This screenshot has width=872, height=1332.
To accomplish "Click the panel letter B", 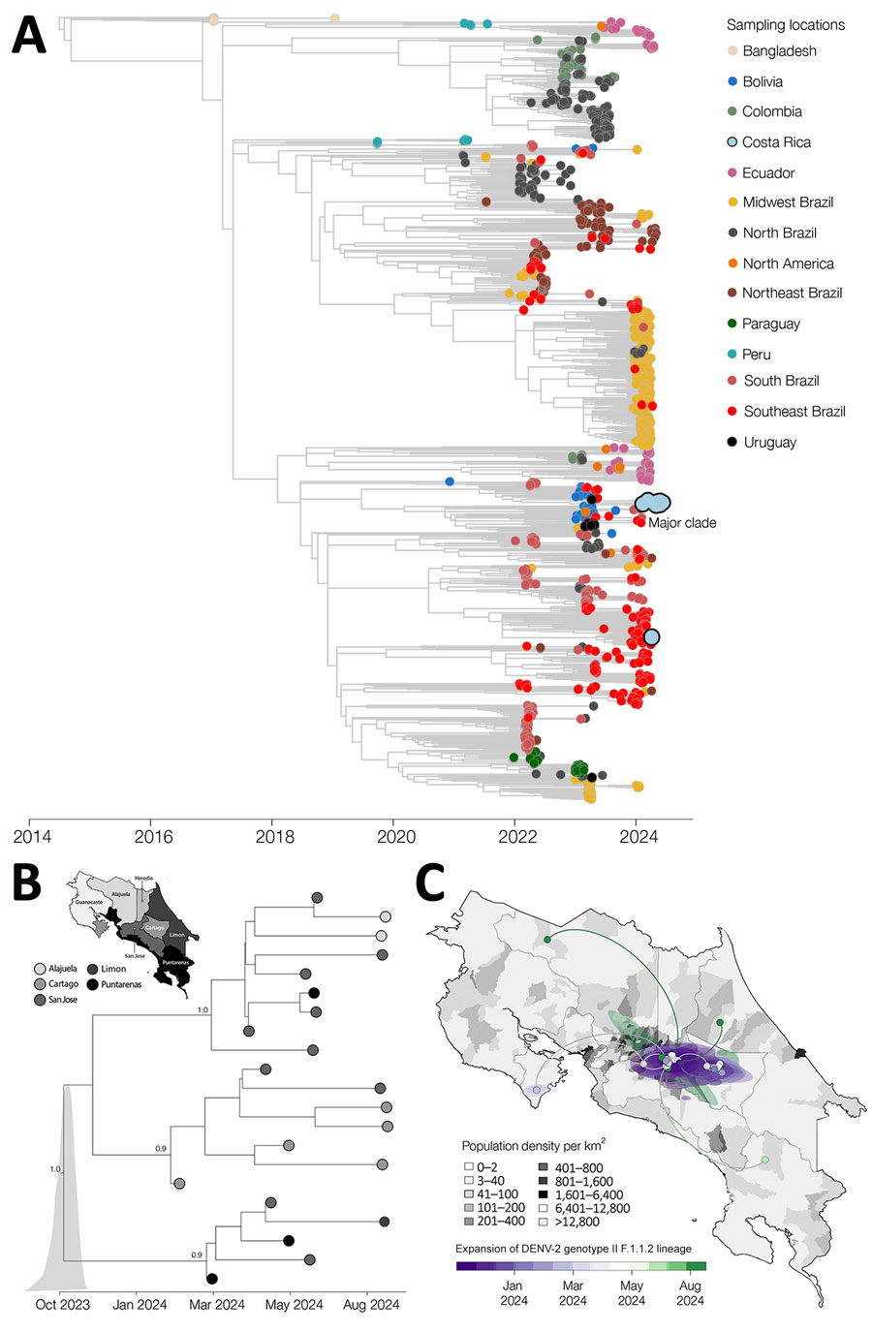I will pyautogui.click(x=26, y=883).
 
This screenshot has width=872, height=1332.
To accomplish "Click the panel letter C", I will pyautogui.click(x=429, y=883).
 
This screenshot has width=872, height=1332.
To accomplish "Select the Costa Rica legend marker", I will pyautogui.click(x=732, y=142).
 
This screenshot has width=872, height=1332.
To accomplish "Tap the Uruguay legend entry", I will pyautogui.click(x=769, y=443).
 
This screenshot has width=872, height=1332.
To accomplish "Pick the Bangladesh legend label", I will pyautogui.click(x=779, y=51).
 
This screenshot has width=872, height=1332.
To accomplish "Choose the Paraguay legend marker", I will pyautogui.click(x=732, y=324).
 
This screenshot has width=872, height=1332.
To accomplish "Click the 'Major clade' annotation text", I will pyautogui.click(x=682, y=523).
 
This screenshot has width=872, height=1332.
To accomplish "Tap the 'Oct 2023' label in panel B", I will pyautogui.click(x=63, y=1304).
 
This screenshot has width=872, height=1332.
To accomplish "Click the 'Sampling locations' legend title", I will pyautogui.click(x=785, y=25).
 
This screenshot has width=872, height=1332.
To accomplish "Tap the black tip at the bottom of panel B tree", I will pyautogui.click(x=211, y=1280).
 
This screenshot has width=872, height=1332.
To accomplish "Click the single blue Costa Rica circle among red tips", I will pyautogui.click(x=651, y=636).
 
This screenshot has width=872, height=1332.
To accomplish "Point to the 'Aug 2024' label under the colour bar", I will pyautogui.click(x=690, y=1293).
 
